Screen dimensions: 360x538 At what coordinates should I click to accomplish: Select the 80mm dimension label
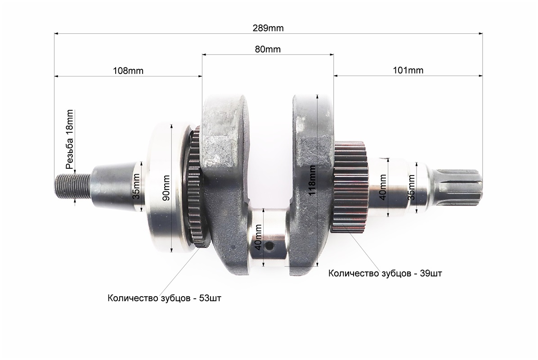(267, 49)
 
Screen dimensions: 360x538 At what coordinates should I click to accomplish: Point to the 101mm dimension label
(408, 71)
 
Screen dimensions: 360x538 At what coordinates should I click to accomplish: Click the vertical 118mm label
(312, 180)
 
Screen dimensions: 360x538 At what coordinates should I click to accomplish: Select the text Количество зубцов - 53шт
(164, 298)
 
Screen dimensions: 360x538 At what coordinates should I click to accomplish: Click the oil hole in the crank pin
(269, 247)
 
